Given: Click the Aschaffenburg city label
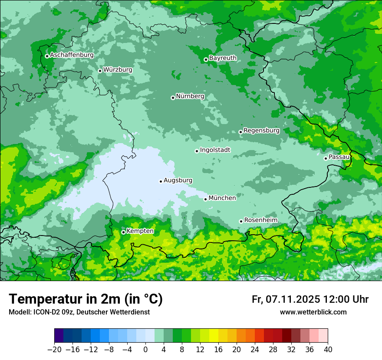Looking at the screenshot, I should (x=72, y=55).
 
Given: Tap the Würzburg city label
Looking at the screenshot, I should (x=118, y=70).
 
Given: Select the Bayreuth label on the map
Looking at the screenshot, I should (x=223, y=58).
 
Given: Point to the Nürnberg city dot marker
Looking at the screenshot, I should (x=173, y=98).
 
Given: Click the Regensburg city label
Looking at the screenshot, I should (x=261, y=131).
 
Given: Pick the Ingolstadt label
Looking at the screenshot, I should (x=215, y=150).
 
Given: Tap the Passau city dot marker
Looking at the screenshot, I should (x=326, y=158).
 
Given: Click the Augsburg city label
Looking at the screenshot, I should (x=178, y=180).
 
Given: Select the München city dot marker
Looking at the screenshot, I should (x=206, y=199).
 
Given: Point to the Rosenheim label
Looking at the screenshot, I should (x=260, y=220).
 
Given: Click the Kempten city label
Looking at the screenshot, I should (x=140, y=231).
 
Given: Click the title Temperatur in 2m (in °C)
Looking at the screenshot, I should (x=86, y=299).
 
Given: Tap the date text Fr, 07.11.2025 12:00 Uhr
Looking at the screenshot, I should (x=310, y=299).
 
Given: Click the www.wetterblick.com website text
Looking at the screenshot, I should (x=313, y=312).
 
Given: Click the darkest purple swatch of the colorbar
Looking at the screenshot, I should (x=59, y=336).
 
